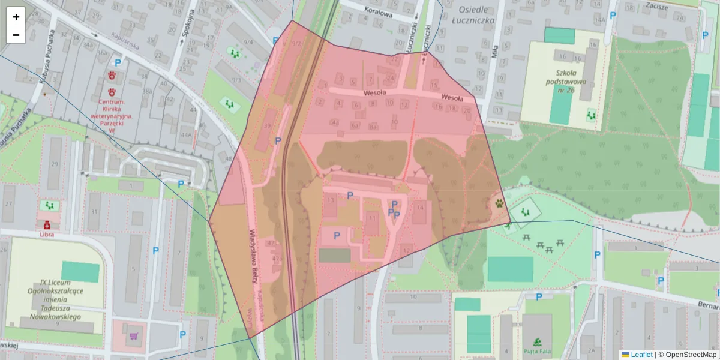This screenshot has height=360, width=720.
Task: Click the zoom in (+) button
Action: [16, 17]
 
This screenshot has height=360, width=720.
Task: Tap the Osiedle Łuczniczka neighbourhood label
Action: [476, 15]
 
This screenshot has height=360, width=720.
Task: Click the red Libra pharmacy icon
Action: [46, 225]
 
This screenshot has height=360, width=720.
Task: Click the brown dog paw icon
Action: [499, 203]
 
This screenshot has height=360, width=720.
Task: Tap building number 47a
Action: [277, 259]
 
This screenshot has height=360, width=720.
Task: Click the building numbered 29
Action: [55, 164]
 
